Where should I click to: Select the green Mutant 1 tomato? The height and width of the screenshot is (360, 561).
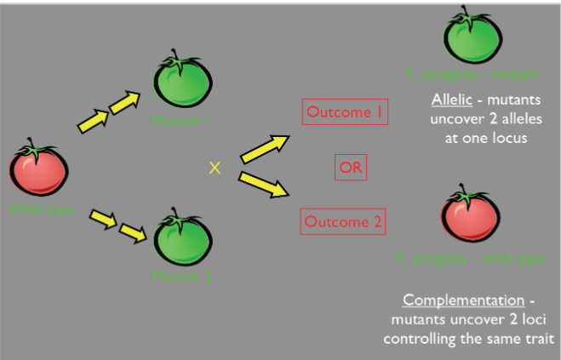[181, 82]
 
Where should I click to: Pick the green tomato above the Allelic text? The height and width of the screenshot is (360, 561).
[472, 38]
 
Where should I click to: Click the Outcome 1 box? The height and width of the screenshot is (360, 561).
[345, 111]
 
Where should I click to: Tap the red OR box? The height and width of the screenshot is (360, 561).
[350, 168]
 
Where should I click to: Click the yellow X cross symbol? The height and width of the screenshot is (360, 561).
[215, 169]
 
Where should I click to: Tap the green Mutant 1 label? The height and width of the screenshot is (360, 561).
[181, 120]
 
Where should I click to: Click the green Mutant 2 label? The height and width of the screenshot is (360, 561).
[181, 276]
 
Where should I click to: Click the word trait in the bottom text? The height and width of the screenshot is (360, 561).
[538, 339]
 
